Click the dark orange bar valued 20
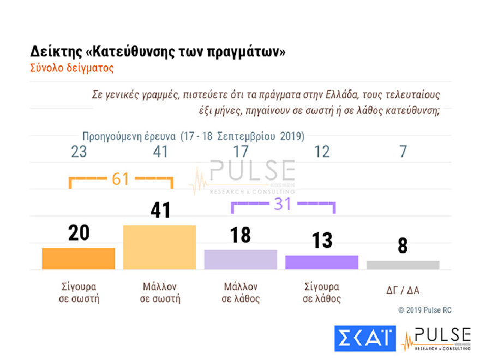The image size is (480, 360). click(79, 259)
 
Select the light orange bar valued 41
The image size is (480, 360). click(159, 247)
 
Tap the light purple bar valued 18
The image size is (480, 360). click(241, 260)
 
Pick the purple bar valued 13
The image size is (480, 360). click(321, 262)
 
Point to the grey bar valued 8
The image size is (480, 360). click(403, 265)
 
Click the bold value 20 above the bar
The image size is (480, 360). click(79, 233)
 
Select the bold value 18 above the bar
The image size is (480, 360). click(241, 235)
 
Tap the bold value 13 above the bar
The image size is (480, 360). click(321, 240)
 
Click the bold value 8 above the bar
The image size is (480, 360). click(403, 245)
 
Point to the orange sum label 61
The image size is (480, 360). click(121, 179)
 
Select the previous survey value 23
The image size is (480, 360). click(79, 152)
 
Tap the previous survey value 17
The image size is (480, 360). click(241, 152)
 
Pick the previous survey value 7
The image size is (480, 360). click(403, 152)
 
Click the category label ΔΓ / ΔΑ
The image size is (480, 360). click(403, 290)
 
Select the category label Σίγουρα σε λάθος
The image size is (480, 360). click(321, 293)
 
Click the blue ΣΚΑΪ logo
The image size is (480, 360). click(364, 339)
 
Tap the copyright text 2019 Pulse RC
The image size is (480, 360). click(424, 310)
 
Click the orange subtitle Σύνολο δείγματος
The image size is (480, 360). click(71, 69)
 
